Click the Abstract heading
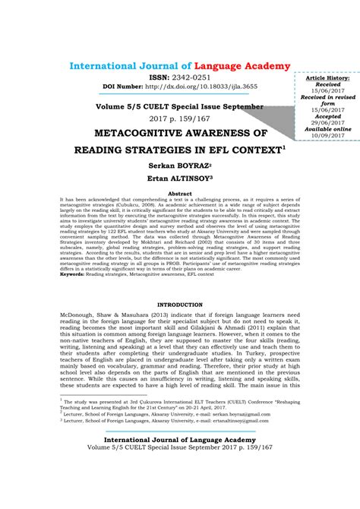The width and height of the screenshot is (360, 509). pos(179,194)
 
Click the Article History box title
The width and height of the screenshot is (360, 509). pos(328,78)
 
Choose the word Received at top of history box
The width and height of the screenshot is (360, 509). pos(328,85)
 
